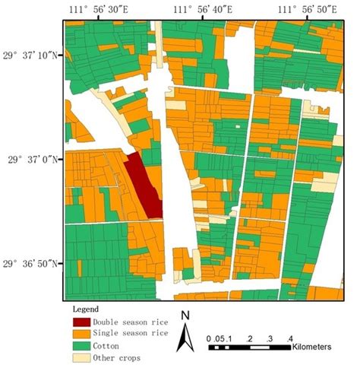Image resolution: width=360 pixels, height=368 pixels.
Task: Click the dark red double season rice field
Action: [x=142, y=186]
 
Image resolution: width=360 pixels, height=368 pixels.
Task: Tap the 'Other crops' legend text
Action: [x=116, y=357]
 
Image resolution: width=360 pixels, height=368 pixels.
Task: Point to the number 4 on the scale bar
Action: [x=289, y=337]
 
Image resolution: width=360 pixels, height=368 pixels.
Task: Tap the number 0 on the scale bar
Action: [x=210, y=337]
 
